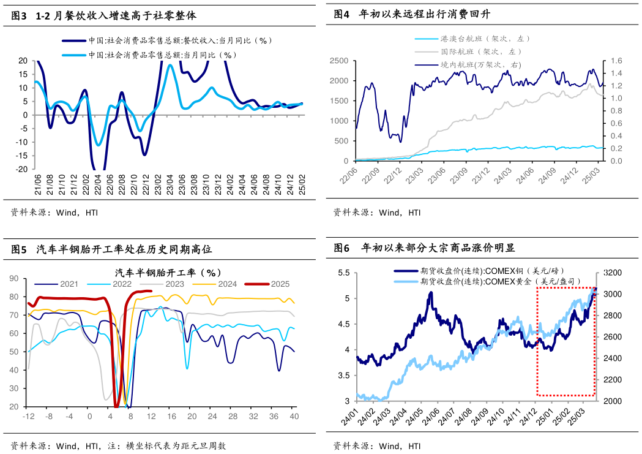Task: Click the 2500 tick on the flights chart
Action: point(338,61)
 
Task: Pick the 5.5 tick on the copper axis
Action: point(344,273)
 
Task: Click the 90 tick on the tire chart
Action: point(14,278)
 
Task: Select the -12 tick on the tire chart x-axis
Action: point(28,417)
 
